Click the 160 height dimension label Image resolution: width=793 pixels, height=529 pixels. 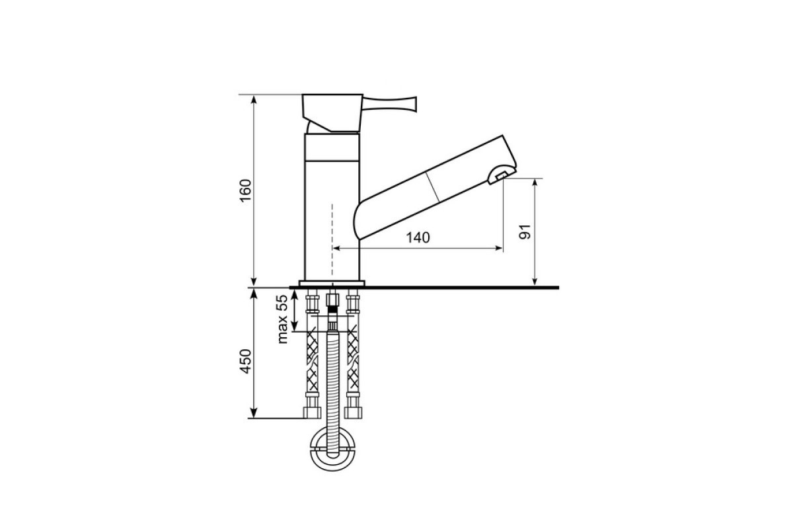coord(246,190)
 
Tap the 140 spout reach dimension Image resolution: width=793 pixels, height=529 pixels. coord(418,238)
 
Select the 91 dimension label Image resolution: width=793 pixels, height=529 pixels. coord(525,231)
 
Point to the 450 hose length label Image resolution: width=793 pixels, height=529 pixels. coord(246,361)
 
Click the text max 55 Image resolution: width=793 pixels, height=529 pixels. coord(283,319)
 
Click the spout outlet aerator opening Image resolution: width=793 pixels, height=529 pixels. coord(502,175)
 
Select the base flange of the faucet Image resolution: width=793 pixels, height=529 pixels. coord(332,283)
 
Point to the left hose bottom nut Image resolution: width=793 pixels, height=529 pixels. coord(312,413)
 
